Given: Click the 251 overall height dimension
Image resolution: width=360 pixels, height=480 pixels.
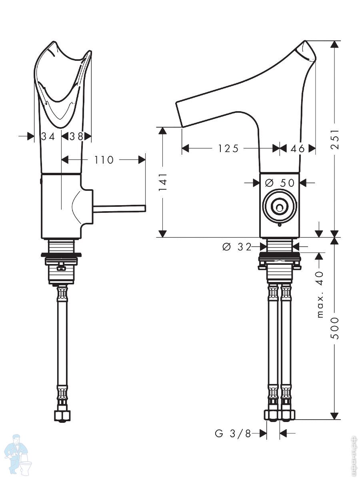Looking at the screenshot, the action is [x=335, y=140].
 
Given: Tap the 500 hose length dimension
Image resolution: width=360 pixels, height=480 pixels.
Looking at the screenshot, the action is [x=335, y=328].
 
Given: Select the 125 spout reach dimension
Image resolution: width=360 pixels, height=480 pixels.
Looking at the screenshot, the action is [x=228, y=149].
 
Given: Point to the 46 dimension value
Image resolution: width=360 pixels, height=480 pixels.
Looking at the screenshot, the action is [x=298, y=149].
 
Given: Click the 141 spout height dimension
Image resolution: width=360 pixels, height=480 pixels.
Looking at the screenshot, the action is [x=163, y=182].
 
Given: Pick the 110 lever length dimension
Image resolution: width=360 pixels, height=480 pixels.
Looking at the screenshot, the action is [x=104, y=160].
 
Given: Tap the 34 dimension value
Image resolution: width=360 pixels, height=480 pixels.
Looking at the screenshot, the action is [x=48, y=137].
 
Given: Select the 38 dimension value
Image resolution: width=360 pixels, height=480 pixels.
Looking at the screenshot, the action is [x=76, y=137].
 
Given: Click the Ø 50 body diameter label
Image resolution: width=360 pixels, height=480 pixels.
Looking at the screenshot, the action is [x=280, y=182].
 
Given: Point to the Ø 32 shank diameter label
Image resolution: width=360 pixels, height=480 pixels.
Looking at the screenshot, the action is [x=237, y=247].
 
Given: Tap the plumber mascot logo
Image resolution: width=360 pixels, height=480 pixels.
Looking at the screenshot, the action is [x=19, y=454].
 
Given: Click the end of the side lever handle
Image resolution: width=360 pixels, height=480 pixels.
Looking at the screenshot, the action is [x=144, y=208].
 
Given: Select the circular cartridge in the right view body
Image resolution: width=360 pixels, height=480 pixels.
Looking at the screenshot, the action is [x=280, y=206].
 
